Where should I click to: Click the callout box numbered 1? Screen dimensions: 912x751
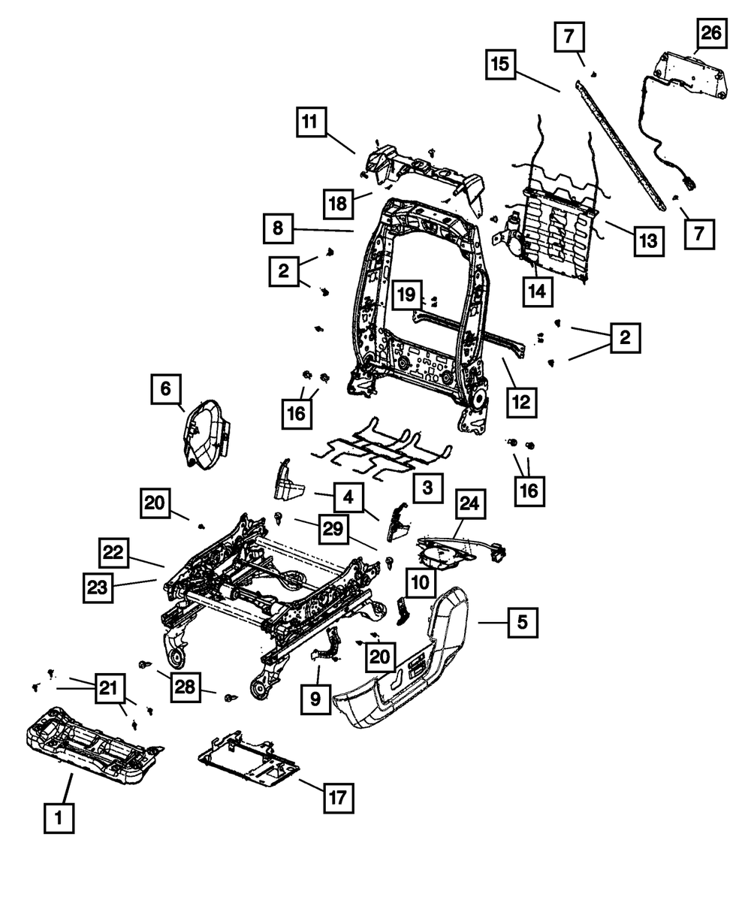click(x=59, y=817)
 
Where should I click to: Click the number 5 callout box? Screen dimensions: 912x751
click(x=522, y=622)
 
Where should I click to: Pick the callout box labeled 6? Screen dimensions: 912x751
click(x=166, y=389)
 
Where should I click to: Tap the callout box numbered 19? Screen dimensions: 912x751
click(x=406, y=294)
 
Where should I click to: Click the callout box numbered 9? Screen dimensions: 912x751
click(x=315, y=699)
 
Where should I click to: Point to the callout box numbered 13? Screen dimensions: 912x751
click(x=648, y=240)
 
